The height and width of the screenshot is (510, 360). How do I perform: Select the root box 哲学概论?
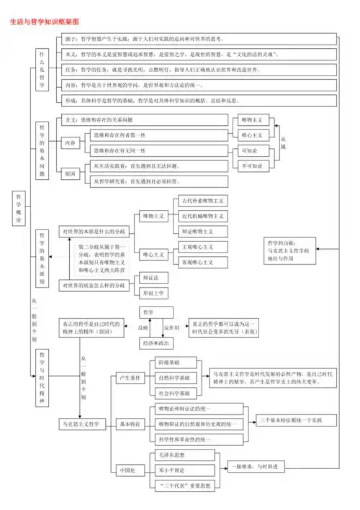click(19, 209)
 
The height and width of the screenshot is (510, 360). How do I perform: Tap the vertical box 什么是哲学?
click(42, 70)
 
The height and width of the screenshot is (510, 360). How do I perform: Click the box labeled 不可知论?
click(253, 165)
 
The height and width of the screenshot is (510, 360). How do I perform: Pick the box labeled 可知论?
click(253, 150)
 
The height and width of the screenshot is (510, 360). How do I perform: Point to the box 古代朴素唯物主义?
click(202, 201)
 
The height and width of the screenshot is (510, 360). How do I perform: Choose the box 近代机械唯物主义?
click(202, 216)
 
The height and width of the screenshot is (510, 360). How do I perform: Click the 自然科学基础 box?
click(174, 378)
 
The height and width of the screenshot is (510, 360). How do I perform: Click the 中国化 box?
click(127, 470)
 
